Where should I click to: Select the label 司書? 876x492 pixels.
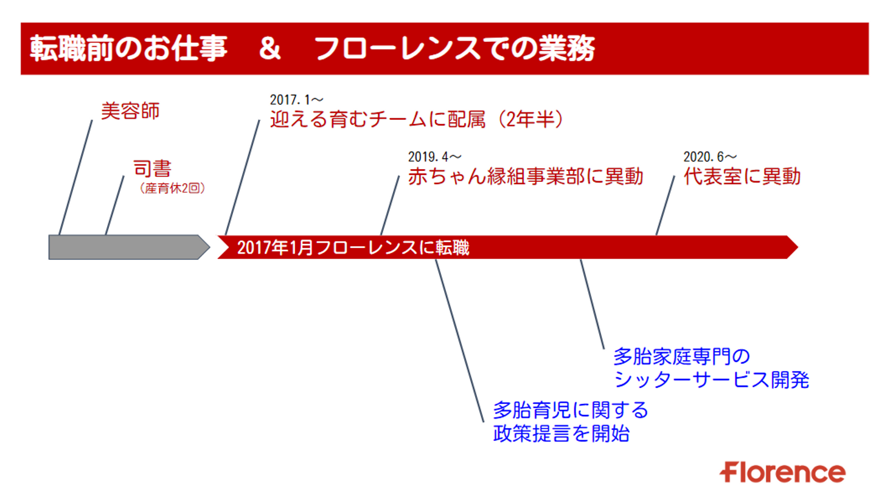(x=152, y=168)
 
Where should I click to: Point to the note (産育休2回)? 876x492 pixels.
(x=173, y=189)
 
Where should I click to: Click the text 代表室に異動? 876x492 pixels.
(x=742, y=176)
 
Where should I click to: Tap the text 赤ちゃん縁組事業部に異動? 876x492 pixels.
(x=525, y=176)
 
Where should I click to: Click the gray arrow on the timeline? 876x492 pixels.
(x=125, y=247)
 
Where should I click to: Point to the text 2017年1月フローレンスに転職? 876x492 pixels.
(x=353, y=248)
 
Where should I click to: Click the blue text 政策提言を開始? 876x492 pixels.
(x=560, y=434)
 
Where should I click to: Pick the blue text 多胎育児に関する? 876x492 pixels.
(x=570, y=411)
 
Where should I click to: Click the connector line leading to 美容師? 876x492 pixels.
(x=76, y=176)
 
